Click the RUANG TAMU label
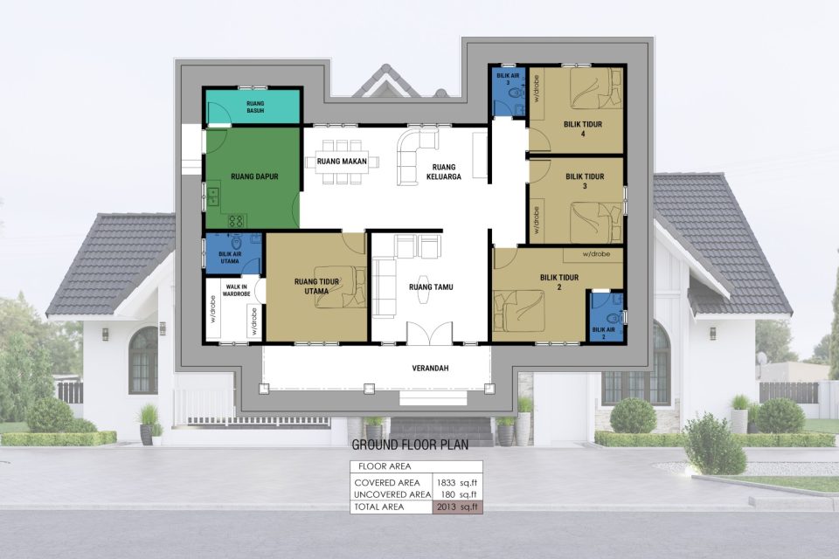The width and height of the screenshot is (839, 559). pos(431,286)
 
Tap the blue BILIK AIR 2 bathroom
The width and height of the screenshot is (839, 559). pos(606,317)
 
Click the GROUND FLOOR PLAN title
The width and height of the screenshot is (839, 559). pos(410,445)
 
